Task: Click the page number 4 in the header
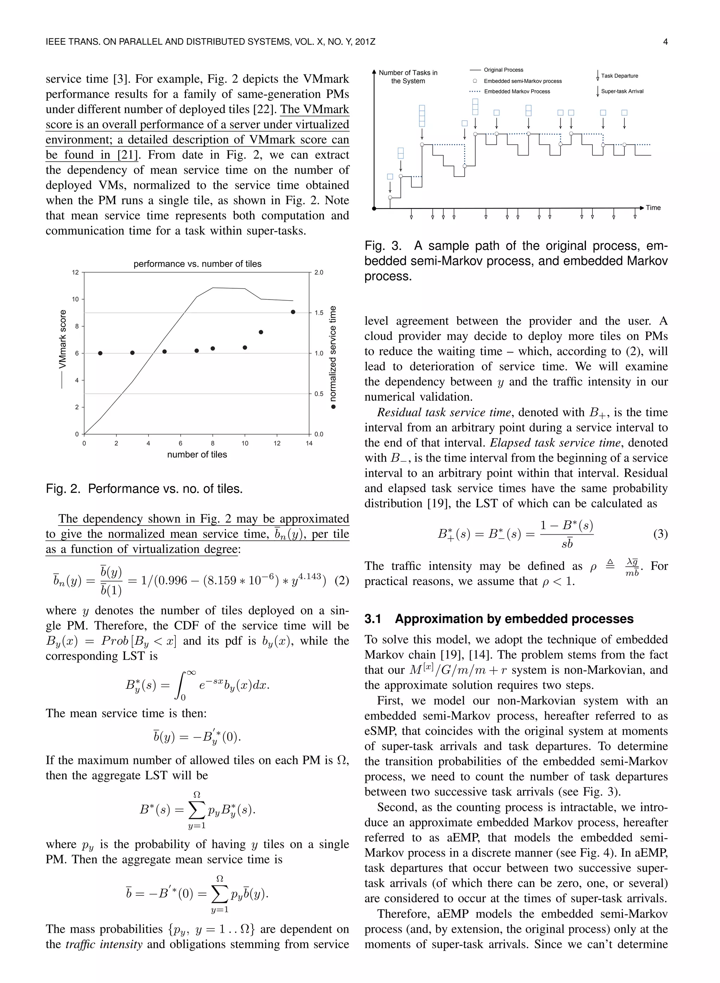[x=665, y=42]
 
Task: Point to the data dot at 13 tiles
[x=293, y=312]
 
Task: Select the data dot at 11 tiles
[x=261, y=332]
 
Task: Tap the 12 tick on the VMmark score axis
[x=75, y=272]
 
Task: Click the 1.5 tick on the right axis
[x=319, y=313]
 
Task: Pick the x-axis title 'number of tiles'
[x=197, y=455]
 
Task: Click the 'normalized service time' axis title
[x=333, y=353]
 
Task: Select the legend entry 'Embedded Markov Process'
[x=517, y=91]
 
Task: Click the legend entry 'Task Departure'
[x=619, y=76]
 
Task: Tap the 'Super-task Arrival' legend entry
[x=622, y=91]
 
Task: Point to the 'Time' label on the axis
[x=653, y=208]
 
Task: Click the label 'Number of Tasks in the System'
[x=408, y=77]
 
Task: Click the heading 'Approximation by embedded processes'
[x=514, y=619]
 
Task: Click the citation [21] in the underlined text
[x=126, y=155]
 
